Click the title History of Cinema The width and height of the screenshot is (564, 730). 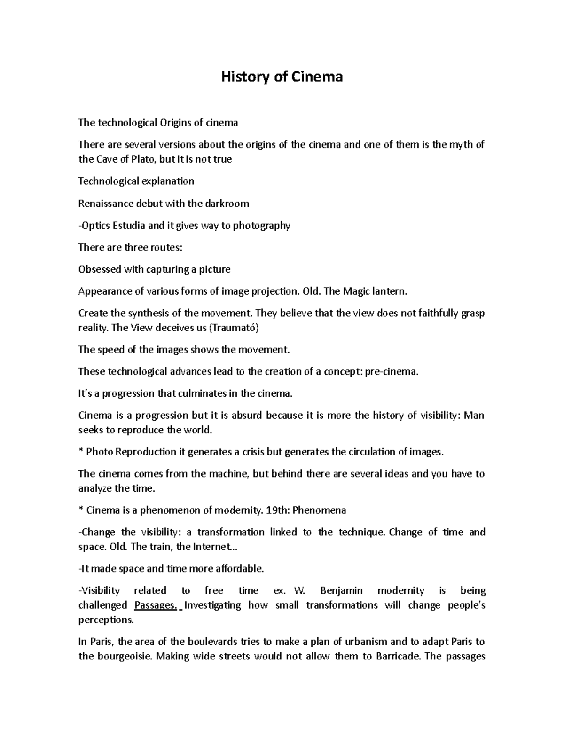click(x=282, y=77)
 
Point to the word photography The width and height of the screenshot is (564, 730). click(x=261, y=226)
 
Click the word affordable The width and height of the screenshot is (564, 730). click(x=239, y=569)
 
